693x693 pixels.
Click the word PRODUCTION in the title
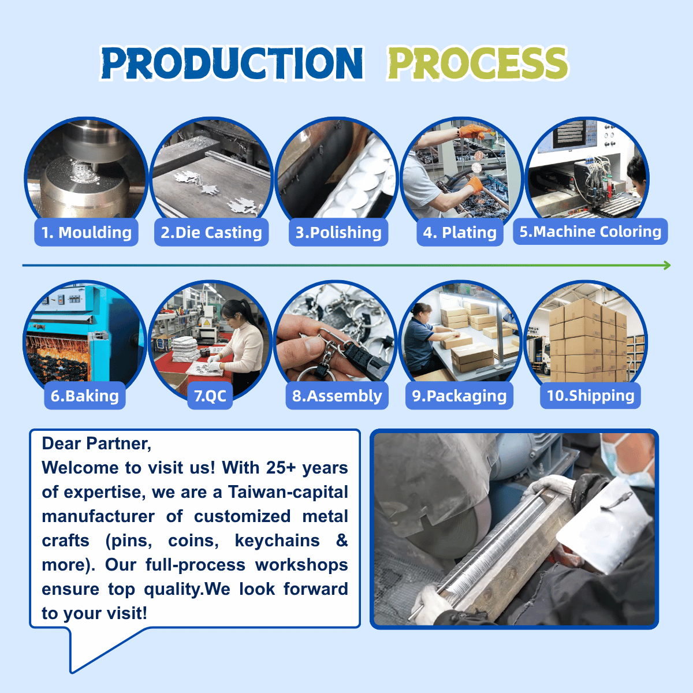(232, 63)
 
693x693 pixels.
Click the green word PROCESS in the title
(478, 63)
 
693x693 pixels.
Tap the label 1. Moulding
(86, 232)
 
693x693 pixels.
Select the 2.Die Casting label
(211, 232)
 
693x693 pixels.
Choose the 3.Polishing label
(338, 232)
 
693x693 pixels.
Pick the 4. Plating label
(460, 232)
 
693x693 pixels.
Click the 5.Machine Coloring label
(591, 231)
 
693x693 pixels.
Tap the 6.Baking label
(85, 396)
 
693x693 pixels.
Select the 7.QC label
(210, 396)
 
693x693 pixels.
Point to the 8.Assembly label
(337, 396)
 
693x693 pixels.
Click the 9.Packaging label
(459, 396)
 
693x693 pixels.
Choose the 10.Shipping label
(591, 395)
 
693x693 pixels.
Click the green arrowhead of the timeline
(667, 266)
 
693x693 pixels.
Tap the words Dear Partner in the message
(96, 444)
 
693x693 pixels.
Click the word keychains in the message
(277, 541)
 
